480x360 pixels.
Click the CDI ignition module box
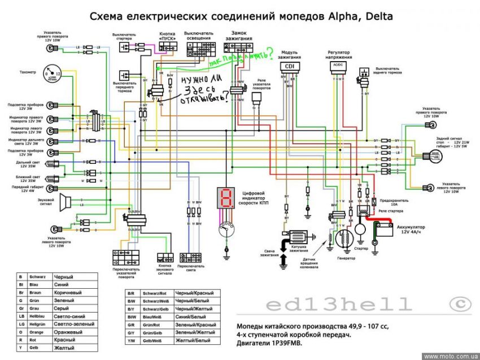click(290, 66)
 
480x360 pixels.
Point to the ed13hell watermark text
click(339, 305)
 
